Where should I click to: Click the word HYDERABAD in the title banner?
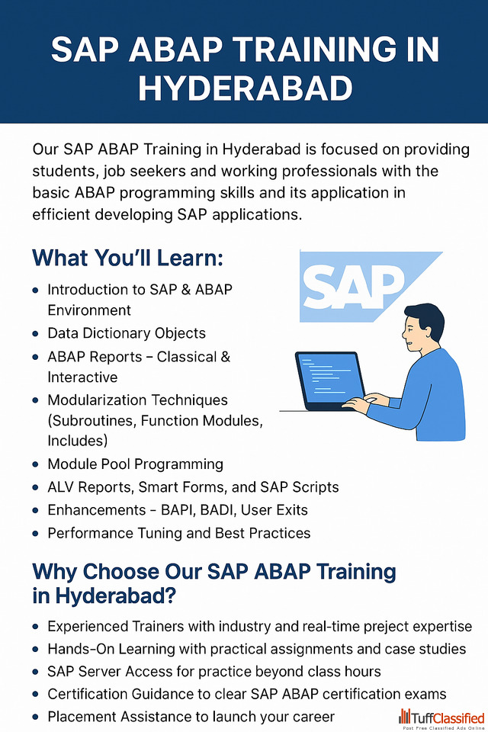(246, 88)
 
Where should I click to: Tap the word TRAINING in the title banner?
(309, 49)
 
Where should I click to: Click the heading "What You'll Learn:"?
(127, 258)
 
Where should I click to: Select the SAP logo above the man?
(371, 286)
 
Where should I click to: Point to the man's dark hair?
(426, 319)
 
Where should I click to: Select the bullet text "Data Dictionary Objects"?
(127, 333)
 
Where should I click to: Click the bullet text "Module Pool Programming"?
(136, 464)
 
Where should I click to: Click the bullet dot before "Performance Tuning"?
(36, 533)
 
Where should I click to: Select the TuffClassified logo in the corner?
(441, 719)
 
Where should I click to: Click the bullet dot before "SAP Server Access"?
(36, 673)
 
